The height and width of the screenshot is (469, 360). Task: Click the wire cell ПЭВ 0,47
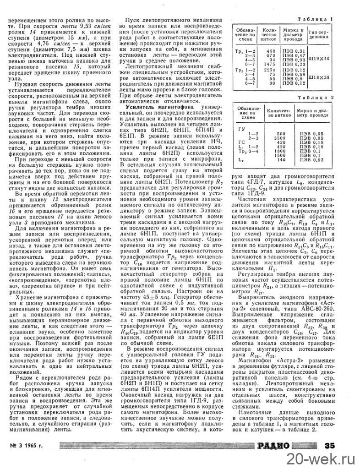tap(294, 54)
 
